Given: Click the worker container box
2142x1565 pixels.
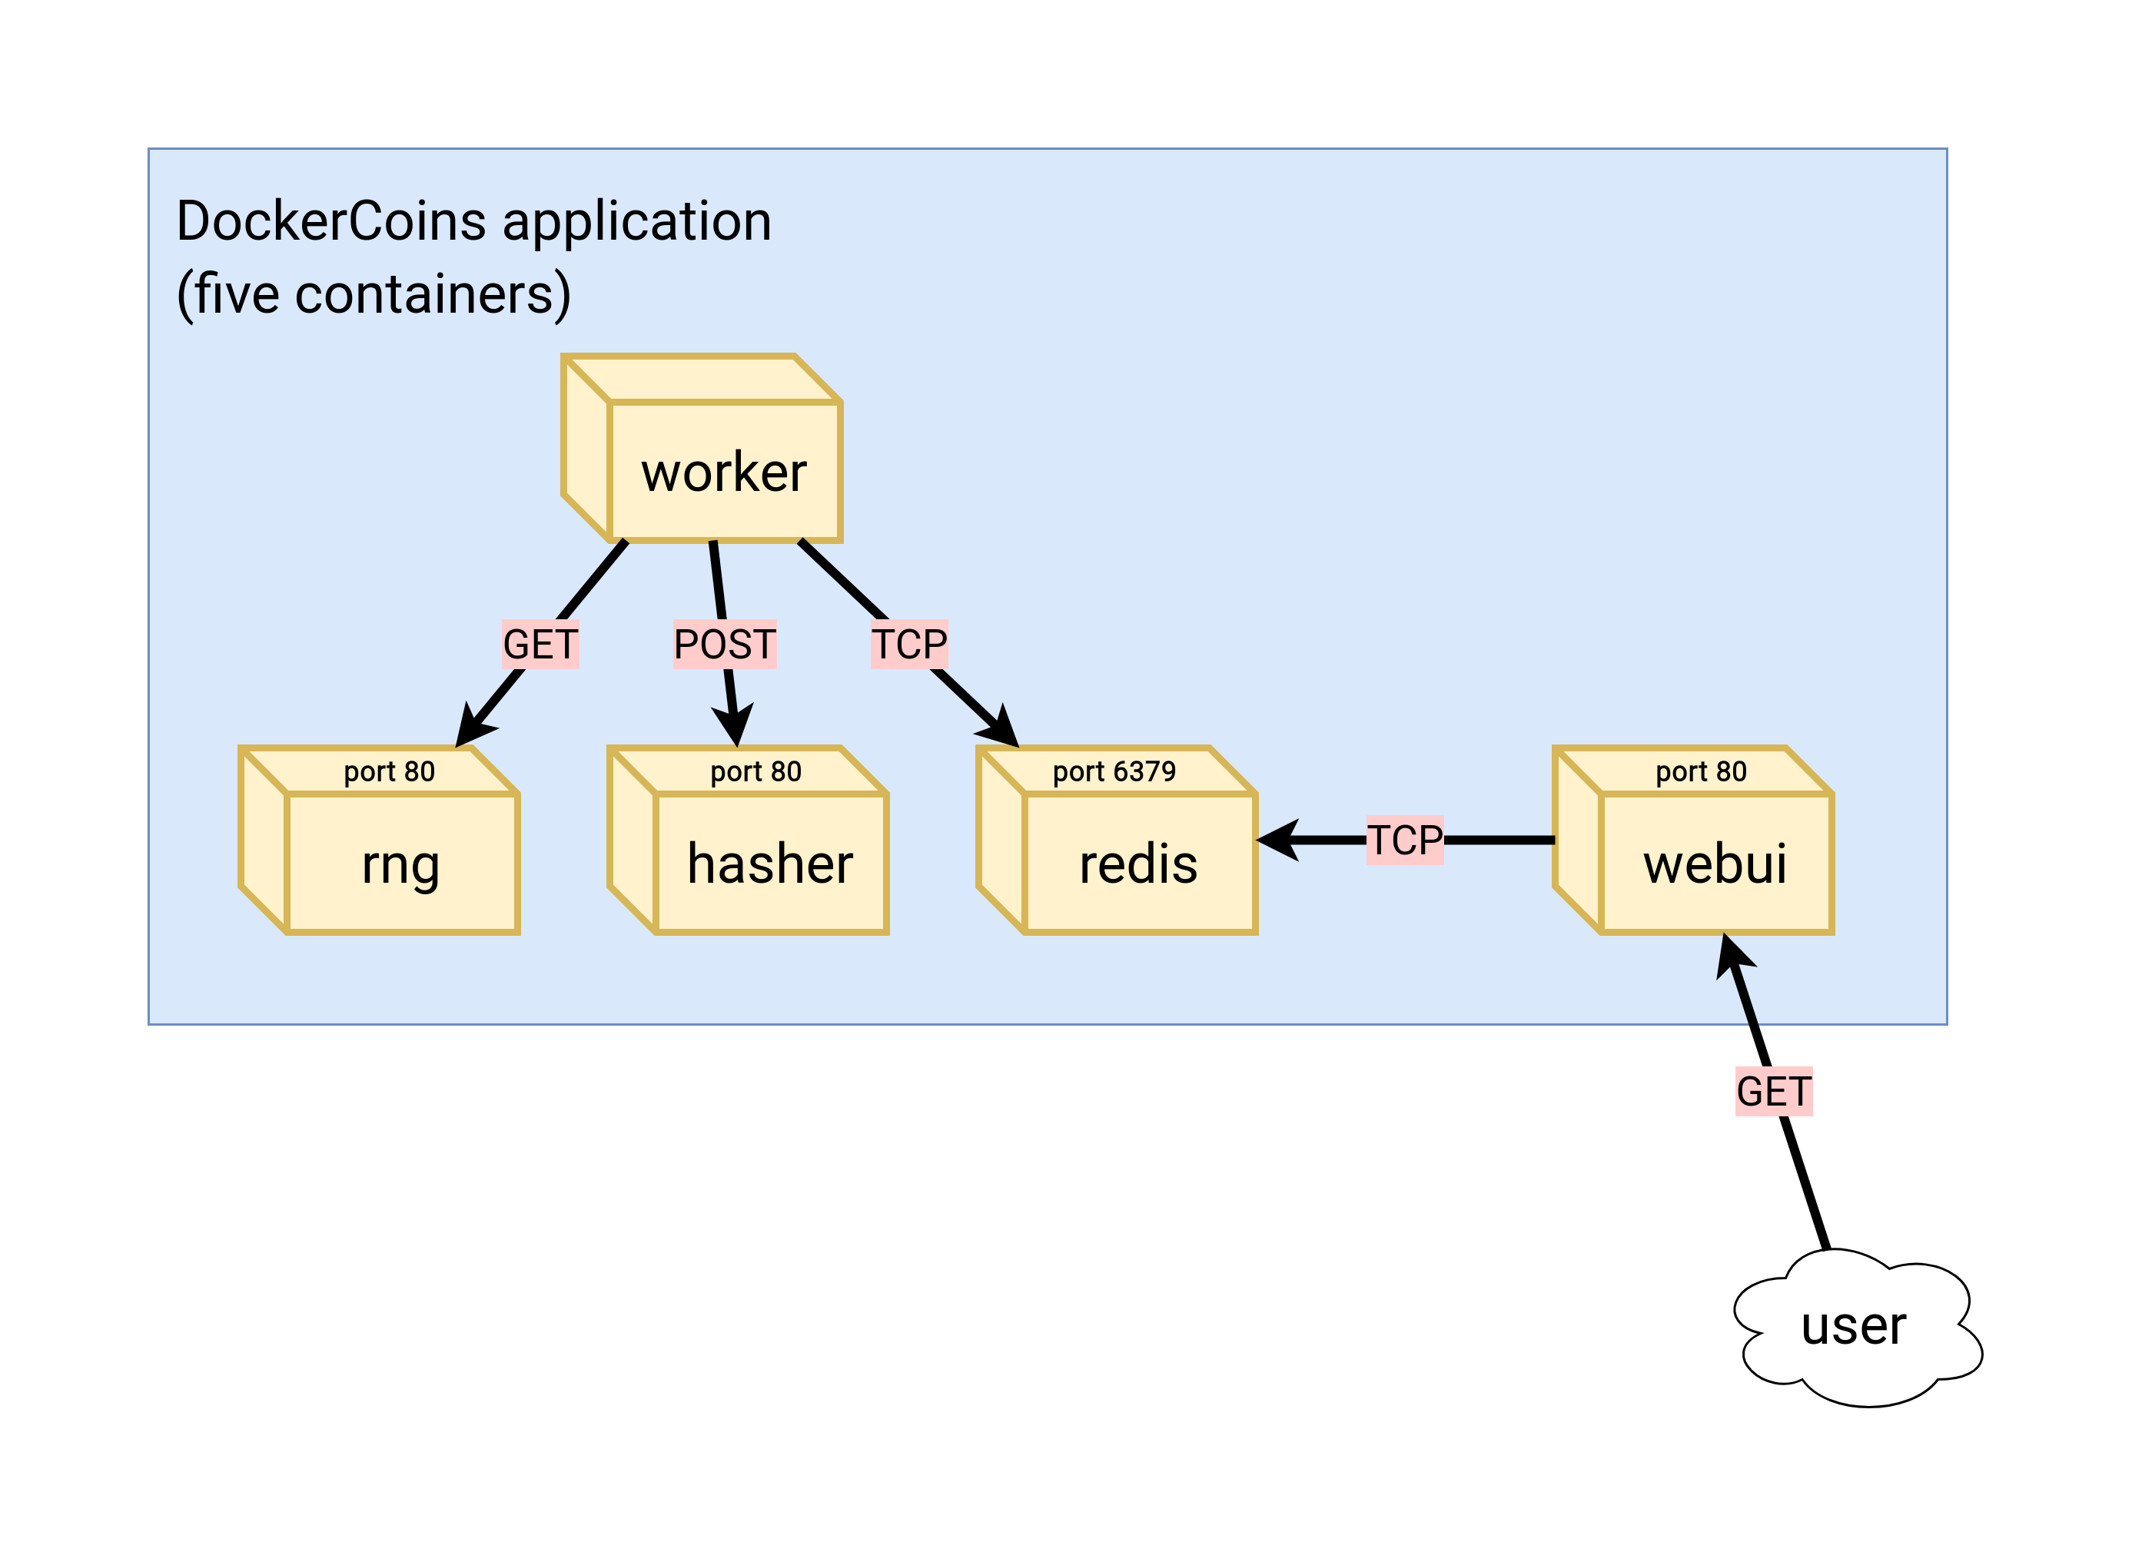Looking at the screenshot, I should [x=724, y=470].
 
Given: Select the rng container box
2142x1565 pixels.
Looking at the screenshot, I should [x=401, y=862].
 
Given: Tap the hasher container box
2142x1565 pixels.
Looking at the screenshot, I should [x=769, y=862].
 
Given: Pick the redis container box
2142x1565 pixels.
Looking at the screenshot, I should [x=1138, y=862].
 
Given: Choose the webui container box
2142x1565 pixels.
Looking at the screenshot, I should [x=1715, y=862].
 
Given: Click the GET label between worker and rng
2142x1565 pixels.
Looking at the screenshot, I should [x=540, y=644].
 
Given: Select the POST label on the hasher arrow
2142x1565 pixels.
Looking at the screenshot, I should [x=724, y=644].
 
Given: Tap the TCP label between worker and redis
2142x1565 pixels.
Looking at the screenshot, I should [x=909, y=644].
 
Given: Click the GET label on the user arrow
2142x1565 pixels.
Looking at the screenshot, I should [x=1773, y=1091].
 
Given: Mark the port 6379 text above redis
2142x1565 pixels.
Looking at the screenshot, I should [x=1114, y=771].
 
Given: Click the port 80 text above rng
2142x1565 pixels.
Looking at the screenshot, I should [x=389, y=771].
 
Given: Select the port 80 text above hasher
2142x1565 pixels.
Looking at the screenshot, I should [x=756, y=771].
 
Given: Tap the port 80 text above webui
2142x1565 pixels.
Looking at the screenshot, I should [x=1700, y=771].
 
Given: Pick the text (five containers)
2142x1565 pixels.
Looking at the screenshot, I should [x=374, y=293].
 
